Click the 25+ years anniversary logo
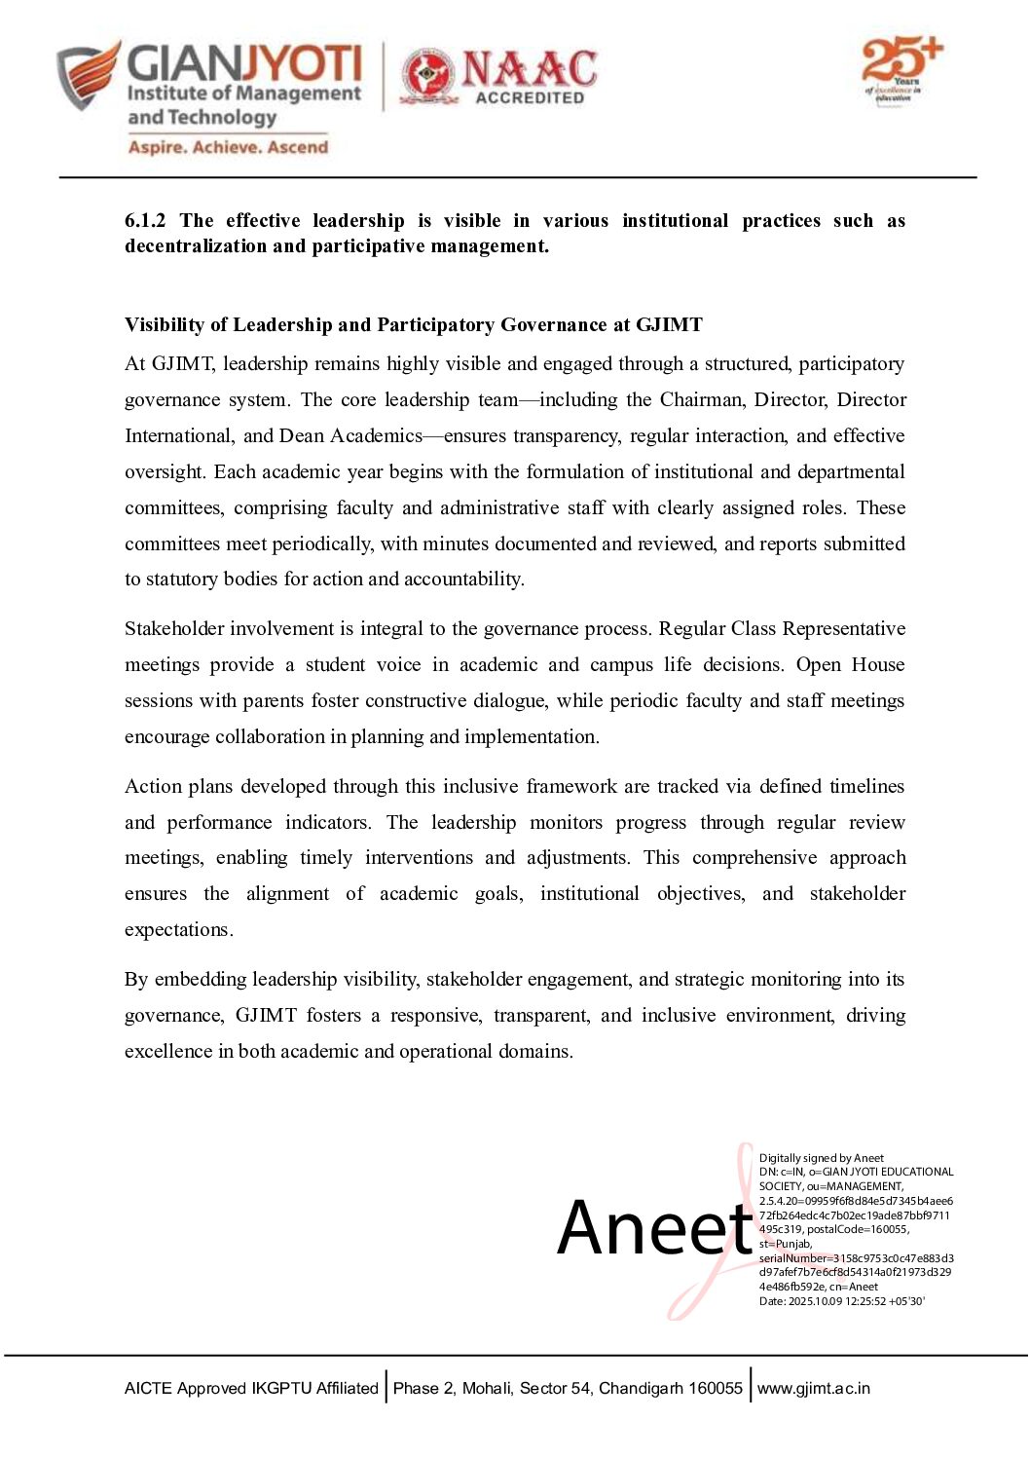(x=901, y=70)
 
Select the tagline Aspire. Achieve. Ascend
(x=228, y=147)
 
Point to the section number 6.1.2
(x=145, y=221)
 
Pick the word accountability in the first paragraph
(x=463, y=579)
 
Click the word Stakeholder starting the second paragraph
(x=175, y=629)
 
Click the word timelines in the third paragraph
(x=866, y=787)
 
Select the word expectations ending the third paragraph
(x=177, y=930)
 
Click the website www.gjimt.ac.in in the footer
(x=814, y=1389)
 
